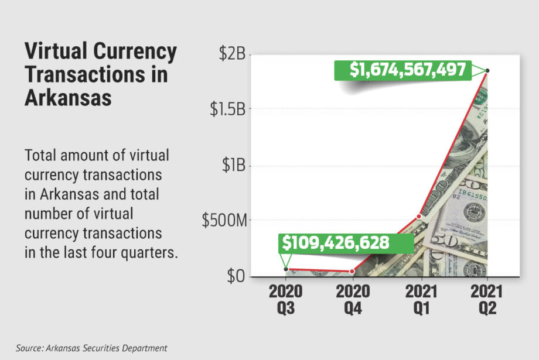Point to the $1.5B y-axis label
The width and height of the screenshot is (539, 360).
tap(228, 109)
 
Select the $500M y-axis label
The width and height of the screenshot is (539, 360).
tap(224, 221)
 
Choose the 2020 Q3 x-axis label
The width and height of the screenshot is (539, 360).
tap(285, 299)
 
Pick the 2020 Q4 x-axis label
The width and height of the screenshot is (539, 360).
tap(352, 299)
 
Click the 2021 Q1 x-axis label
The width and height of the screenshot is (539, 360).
tap(419, 299)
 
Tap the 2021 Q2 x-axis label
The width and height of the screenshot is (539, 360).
tap(487, 299)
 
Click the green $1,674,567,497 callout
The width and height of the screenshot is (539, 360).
tap(408, 70)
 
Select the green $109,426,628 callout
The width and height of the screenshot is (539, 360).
tap(336, 242)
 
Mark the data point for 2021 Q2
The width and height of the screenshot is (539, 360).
tap(487, 71)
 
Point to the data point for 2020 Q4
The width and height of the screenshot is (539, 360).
tap(352, 271)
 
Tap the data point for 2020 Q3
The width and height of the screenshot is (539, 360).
tap(285, 269)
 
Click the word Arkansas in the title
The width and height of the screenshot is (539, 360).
tap(68, 97)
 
